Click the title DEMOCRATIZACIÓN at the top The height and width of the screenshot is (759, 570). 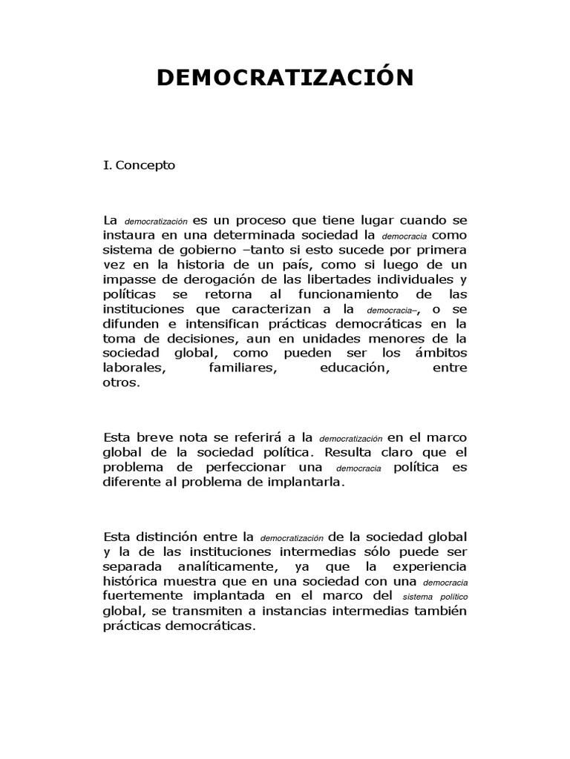pos(285,78)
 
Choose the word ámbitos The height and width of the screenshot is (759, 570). pos(442,355)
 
